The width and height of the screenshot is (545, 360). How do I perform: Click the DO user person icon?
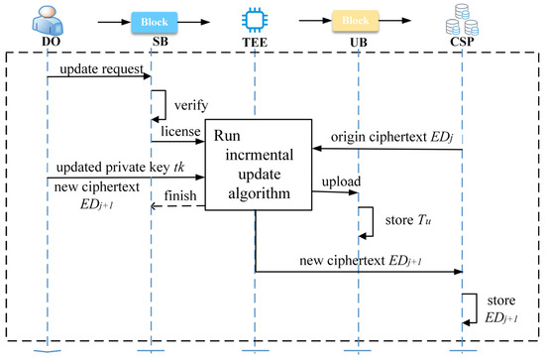pos(47,19)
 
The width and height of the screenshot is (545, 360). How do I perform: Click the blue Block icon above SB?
pos(152,20)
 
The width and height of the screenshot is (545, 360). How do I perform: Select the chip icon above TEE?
pos(255,19)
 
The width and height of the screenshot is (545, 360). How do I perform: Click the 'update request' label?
pos(97,71)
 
